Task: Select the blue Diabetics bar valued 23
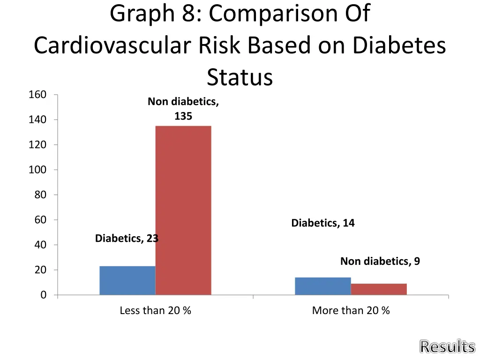coord(127,280)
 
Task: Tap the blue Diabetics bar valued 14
coord(323,286)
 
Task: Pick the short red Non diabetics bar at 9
coord(379,289)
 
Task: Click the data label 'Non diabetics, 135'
coord(183,109)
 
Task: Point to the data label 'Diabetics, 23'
coord(127,239)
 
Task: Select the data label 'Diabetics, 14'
coord(323,223)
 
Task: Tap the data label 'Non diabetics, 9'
coord(380,261)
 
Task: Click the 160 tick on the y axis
coord(37,95)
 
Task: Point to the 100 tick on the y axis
coord(37,170)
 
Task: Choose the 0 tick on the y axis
coord(43,295)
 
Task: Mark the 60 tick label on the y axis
coord(40,220)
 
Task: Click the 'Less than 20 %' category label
coord(155,310)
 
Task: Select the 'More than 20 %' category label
coord(351,310)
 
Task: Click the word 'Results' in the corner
coord(447,347)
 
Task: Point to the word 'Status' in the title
coord(240,77)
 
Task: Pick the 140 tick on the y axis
coord(37,120)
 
